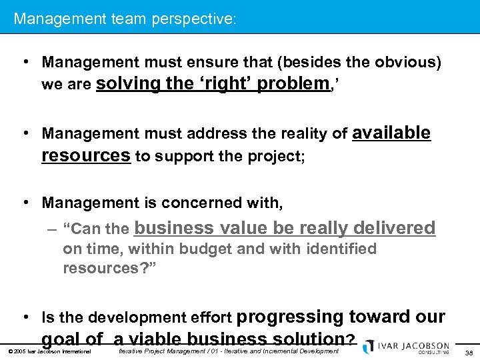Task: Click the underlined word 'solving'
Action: coord(128,84)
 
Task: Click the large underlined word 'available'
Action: coord(391,133)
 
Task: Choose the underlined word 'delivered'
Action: coord(394,228)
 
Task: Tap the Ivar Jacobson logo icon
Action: coord(368,347)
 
